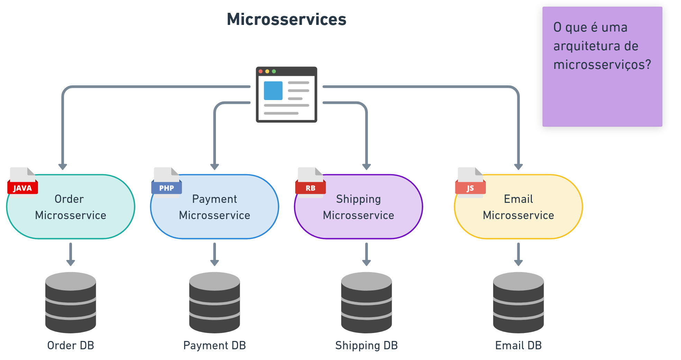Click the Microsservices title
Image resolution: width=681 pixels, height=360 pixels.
(x=287, y=19)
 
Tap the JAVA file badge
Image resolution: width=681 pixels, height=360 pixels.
(x=22, y=188)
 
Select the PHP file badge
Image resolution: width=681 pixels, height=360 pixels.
(x=166, y=188)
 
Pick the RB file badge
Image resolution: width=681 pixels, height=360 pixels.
(x=310, y=188)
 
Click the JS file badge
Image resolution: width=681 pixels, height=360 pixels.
(x=470, y=188)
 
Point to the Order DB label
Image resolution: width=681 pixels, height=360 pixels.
(x=71, y=345)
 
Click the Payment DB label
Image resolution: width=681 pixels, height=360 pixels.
(x=215, y=345)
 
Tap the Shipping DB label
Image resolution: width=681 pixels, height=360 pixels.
(x=366, y=345)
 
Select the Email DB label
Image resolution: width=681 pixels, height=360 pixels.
(x=518, y=345)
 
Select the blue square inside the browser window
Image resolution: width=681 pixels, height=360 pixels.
(x=273, y=91)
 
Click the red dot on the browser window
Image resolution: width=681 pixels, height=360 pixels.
(x=261, y=71)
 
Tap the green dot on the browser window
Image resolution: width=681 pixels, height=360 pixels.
(x=274, y=71)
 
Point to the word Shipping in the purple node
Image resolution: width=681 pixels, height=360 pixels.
(x=358, y=199)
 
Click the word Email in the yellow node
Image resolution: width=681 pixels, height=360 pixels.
(x=518, y=199)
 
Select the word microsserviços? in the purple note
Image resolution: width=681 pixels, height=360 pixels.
(x=602, y=65)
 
